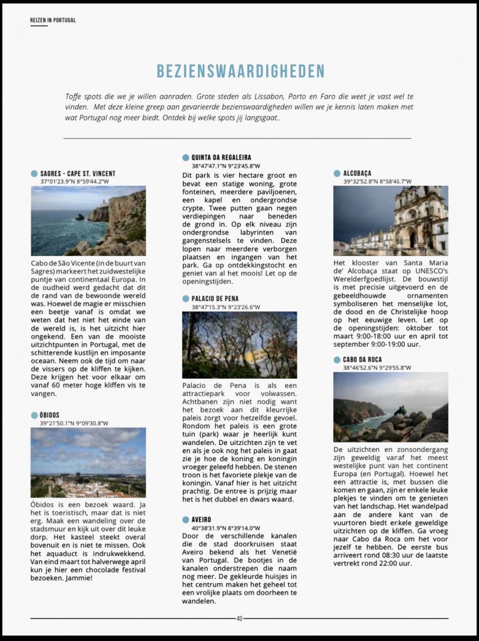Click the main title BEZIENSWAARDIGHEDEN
pos(240,71)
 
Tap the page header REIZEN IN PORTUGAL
pos(53,20)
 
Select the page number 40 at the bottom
pos(239,618)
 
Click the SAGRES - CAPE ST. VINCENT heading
pos(78,173)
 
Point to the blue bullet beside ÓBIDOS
pos(34,415)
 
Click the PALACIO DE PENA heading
pos(215,299)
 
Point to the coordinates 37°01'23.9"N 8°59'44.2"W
pos(75,182)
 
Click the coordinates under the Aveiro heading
pos(226,528)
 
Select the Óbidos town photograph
pos(88,462)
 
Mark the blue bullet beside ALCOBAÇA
pos(337,173)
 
